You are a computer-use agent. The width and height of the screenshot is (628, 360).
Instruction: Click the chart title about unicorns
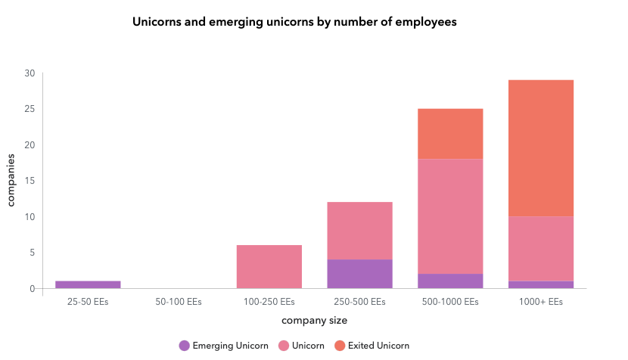(x=294, y=23)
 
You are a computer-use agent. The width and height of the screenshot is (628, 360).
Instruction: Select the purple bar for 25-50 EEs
(x=88, y=284)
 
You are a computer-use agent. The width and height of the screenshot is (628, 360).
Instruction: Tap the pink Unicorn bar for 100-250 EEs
(x=269, y=266)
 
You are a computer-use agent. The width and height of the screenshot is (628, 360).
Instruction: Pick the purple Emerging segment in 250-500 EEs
(x=360, y=274)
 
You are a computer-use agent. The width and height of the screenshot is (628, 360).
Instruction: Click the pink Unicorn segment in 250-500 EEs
(x=360, y=231)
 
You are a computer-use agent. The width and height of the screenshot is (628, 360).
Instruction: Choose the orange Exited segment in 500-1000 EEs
(x=450, y=134)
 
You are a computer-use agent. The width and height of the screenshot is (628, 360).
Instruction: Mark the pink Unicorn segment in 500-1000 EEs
(x=450, y=216)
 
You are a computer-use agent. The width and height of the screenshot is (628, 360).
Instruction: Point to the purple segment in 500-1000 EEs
(x=450, y=281)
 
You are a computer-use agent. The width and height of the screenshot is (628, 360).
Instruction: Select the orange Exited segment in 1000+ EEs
(x=541, y=148)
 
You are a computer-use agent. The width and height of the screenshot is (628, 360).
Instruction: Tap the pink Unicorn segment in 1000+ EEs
(x=541, y=249)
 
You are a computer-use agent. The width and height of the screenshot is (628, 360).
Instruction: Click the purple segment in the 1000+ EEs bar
(x=541, y=284)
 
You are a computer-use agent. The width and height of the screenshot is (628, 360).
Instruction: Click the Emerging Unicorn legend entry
(x=223, y=346)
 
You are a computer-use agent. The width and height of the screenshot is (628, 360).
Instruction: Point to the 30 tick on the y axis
(x=30, y=73)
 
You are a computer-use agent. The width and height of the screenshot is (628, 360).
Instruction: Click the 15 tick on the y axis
(x=30, y=181)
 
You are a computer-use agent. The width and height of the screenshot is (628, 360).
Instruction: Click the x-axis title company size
(x=314, y=321)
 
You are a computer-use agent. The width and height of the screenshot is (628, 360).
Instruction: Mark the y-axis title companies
(x=11, y=181)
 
